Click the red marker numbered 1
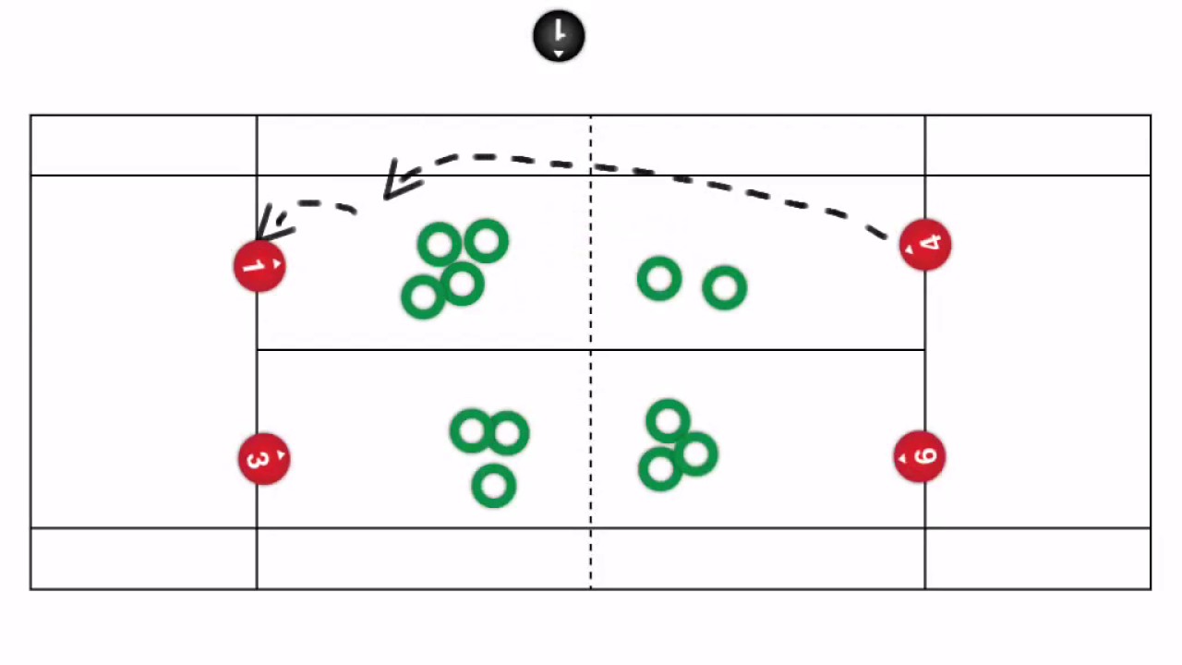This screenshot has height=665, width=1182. point(259,267)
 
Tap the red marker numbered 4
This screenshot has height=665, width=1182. point(925,245)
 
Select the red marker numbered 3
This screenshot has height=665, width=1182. point(264,459)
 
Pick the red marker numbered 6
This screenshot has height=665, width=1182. point(920,456)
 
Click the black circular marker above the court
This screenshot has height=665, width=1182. point(559,37)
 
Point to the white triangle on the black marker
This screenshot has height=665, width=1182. point(559,54)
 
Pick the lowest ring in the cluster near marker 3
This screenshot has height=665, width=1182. point(494,486)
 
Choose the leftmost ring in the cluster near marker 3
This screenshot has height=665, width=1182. point(472,431)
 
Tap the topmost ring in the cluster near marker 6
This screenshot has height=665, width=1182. point(669,422)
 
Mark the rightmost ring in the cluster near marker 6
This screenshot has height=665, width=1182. point(696,453)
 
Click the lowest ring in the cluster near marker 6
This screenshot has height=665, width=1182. point(660,469)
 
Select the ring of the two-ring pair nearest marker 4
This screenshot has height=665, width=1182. point(725,288)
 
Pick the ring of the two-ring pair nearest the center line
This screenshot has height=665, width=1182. point(659,279)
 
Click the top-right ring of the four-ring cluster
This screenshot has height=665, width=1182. point(487,242)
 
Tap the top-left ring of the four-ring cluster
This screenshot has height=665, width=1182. point(440,246)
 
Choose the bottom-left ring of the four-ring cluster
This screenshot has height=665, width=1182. point(423,297)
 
